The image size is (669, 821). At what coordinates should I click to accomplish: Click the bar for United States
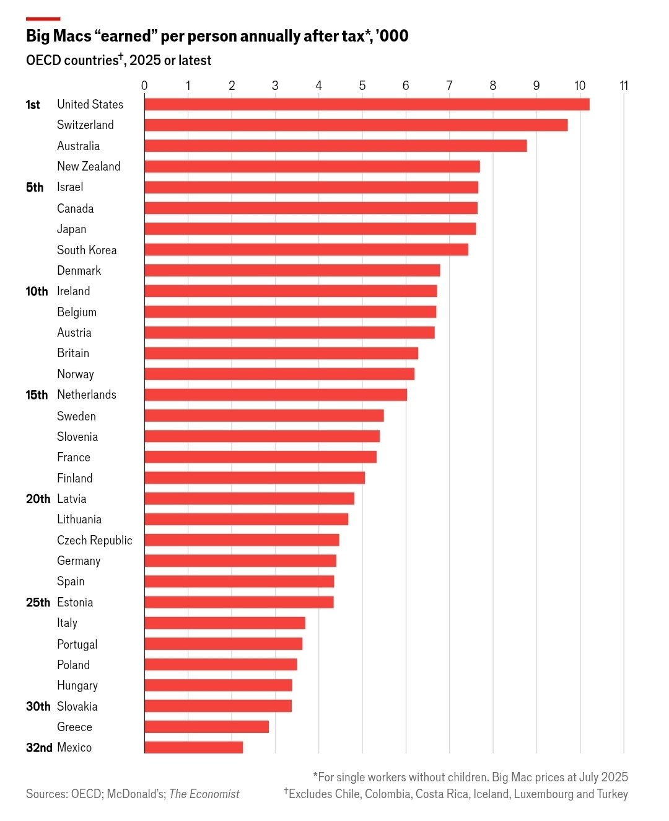tap(367, 104)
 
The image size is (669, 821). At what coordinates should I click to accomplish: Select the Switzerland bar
tap(356, 125)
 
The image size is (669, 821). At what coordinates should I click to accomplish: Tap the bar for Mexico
tap(194, 747)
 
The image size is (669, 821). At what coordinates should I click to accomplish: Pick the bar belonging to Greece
tap(206, 727)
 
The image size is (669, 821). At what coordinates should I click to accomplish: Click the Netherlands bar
tap(276, 395)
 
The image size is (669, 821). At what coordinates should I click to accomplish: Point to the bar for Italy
tap(225, 623)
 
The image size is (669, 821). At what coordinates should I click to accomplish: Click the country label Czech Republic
tap(95, 540)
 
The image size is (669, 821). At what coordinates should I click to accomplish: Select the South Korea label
tap(87, 250)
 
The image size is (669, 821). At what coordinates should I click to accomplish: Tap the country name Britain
tap(73, 353)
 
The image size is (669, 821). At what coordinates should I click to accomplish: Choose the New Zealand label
tap(89, 166)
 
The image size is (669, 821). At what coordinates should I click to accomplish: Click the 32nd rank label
tap(39, 748)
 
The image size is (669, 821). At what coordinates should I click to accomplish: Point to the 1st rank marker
tap(33, 105)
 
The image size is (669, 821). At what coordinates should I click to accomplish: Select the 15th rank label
tap(37, 395)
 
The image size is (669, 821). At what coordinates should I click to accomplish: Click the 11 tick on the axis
tap(624, 86)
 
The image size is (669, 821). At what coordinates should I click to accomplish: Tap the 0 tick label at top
tap(144, 86)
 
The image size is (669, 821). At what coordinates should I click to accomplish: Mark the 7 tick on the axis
tap(449, 86)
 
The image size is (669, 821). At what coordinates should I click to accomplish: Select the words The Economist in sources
tap(204, 794)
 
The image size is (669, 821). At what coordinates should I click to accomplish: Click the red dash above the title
tap(43, 19)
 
